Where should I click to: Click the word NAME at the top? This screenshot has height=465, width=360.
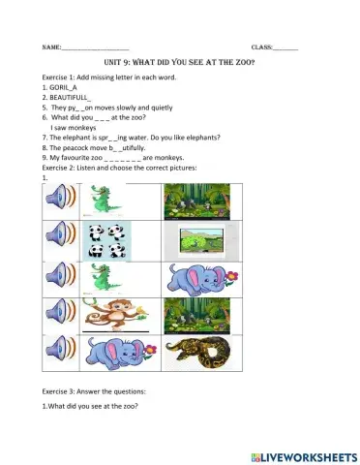(50, 46)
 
